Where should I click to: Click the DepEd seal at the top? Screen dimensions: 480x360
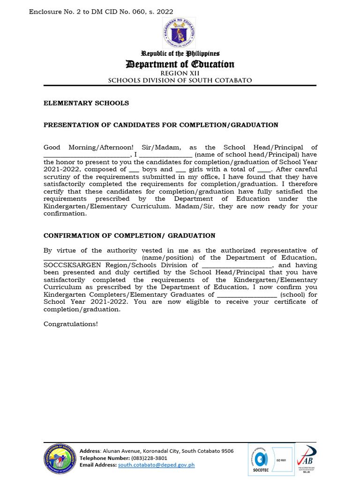pyautogui.click(x=179, y=33)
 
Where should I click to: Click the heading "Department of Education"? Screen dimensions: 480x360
pyautogui.click(x=180, y=64)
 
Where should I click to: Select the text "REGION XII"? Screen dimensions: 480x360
pyautogui.click(x=180, y=74)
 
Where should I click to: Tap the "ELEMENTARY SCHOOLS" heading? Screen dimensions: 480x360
pyautogui.click(x=86, y=103)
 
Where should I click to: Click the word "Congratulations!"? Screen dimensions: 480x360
pyautogui.click(x=71, y=324)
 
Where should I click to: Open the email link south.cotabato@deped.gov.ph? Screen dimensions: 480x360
pyautogui.click(x=156, y=465)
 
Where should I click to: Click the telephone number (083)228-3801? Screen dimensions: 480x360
pyautogui.click(x=150, y=458)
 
